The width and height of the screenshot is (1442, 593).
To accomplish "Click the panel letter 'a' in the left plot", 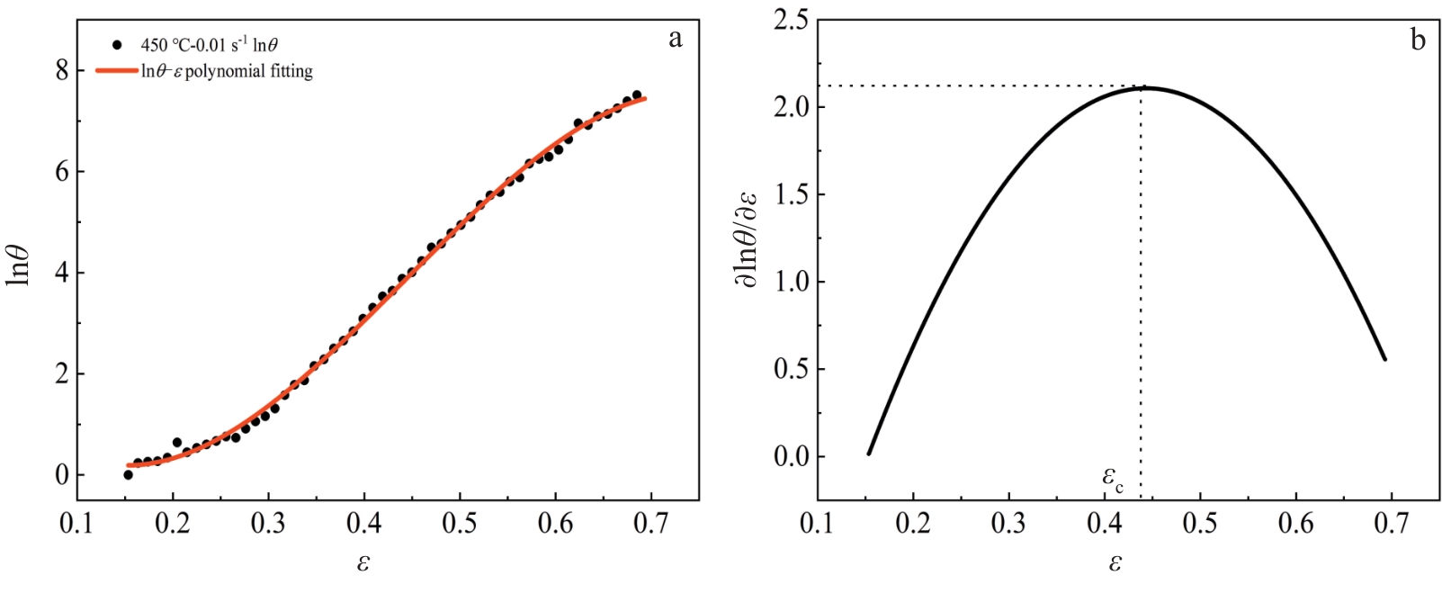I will [676, 39].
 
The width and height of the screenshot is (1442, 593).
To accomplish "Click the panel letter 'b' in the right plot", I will [1418, 40].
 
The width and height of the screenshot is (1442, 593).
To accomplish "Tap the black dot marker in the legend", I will [117, 44].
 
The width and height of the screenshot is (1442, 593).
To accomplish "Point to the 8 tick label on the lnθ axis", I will [61, 70].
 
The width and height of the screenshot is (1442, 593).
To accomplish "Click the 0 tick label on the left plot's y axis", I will [61, 475].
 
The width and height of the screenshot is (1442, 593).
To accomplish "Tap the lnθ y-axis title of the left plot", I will [20, 265].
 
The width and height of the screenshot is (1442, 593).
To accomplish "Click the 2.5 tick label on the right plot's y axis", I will [791, 20].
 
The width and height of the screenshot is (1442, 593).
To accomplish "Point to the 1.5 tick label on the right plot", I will [791, 194].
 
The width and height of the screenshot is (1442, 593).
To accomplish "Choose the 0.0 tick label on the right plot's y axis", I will [791, 456].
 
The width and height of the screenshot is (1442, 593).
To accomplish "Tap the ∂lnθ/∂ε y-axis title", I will [747, 241].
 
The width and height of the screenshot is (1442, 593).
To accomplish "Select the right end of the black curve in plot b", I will [1385, 360].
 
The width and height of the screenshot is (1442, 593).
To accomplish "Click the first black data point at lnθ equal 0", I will [128, 474].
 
